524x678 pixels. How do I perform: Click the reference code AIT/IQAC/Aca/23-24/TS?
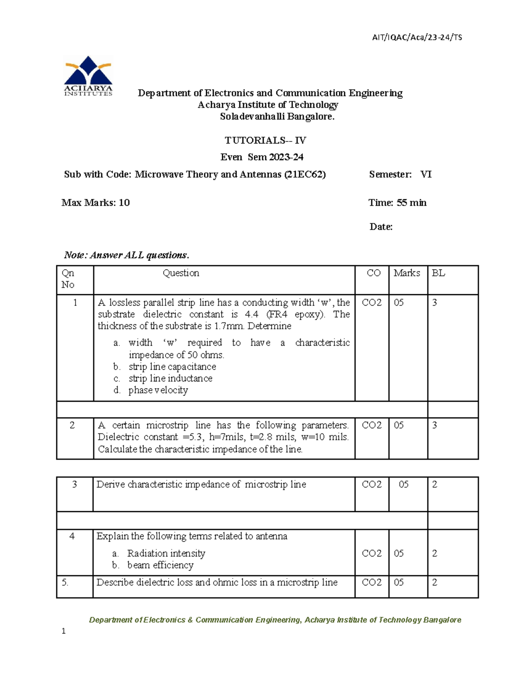click(417, 38)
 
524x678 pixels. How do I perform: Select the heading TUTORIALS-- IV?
click(265, 141)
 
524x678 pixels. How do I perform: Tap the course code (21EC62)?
click(305, 175)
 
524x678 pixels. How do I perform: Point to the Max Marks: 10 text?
click(96, 203)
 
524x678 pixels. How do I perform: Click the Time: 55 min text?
click(397, 203)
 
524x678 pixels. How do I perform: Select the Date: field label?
click(381, 227)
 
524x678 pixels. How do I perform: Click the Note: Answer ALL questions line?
click(127, 255)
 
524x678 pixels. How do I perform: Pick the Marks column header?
click(407, 273)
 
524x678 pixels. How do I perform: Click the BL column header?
click(438, 273)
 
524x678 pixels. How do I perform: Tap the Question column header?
click(181, 273)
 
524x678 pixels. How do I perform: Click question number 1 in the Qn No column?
click(75, 303)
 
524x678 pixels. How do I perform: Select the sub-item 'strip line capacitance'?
click(172, 367)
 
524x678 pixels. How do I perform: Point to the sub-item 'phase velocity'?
click(158, 390)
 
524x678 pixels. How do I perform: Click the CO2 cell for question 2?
click(372, 425)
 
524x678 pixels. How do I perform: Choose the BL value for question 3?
click(434, 484)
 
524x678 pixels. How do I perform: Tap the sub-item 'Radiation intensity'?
click(166, 554)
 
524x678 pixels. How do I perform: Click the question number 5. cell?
click(65, 582)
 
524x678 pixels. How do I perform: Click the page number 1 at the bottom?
click(64, 631)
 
